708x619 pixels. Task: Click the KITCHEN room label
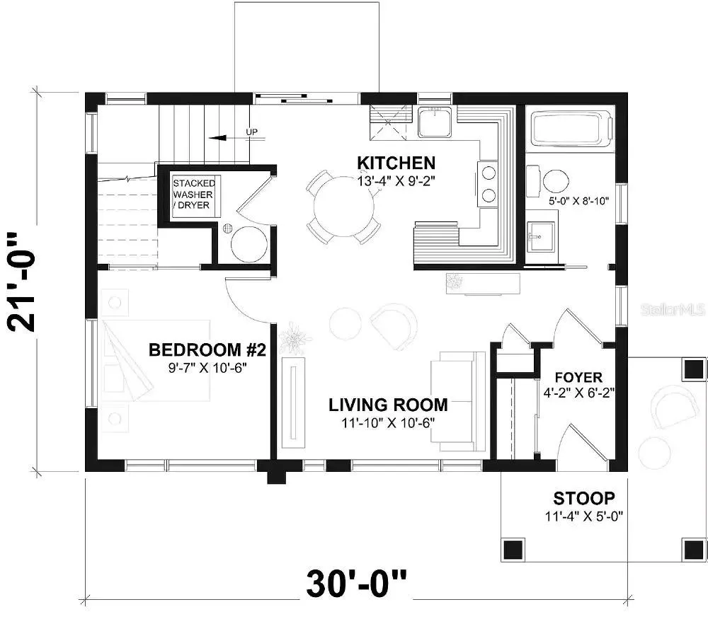[x=396, y=163]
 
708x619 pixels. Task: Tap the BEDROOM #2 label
[x=207, y=349]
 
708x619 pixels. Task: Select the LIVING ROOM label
[x=388, y=405]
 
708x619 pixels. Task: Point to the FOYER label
[x=578, y=377]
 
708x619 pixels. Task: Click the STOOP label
[x=584, y=498]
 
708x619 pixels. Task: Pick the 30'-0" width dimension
[x=356, y=584]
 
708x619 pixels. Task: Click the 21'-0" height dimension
[x=21, y=282]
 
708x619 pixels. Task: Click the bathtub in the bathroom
[x=572, y=129]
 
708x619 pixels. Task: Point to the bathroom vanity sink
[x=540, y=236]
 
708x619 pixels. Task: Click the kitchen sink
[x=435, y=122]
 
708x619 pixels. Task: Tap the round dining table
[x=344, y=207]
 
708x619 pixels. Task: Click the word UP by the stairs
[x=252, y=132]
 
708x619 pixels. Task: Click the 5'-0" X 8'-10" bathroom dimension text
[x=579, y=201]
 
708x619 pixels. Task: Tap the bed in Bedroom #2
[x=156, y=360]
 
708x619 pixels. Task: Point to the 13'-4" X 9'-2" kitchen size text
[x=396, y=181]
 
